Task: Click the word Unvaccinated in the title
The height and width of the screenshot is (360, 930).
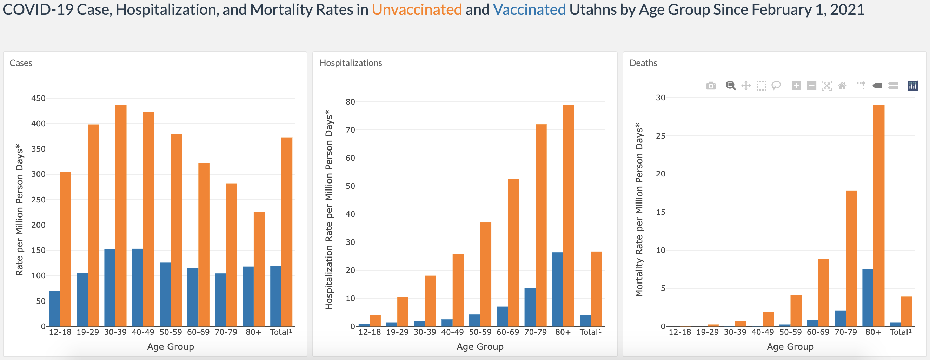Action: coord(417,10)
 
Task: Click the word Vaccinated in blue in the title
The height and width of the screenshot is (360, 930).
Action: coord(529,10)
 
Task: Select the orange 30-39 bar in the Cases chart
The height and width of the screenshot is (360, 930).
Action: coord(121,215)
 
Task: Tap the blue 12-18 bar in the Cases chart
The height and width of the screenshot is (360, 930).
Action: coord(54,308)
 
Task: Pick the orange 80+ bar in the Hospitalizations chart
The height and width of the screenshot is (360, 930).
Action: coord(569,215)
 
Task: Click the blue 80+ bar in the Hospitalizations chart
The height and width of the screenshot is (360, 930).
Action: coord(557,289)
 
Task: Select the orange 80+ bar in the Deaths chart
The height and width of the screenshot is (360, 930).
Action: coord(879,215)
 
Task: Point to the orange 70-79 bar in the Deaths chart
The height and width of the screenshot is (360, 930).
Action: coord(851,258)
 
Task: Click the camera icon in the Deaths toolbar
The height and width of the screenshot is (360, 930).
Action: coord(711,86)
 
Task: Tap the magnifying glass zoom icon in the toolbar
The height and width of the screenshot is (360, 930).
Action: coord(731,86)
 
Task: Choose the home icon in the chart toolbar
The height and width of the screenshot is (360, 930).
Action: coord(842,86)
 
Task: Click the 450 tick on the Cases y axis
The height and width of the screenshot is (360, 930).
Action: coord(38,98)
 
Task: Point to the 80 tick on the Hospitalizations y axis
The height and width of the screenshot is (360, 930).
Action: coord(350,102)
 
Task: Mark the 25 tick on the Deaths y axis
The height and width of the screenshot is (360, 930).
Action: coord(660,136)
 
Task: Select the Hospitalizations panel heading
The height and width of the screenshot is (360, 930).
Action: coord(351,63)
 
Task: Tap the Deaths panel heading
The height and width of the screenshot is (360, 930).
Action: coord(643,63)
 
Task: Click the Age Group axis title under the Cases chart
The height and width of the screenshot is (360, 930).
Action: coord(171,347)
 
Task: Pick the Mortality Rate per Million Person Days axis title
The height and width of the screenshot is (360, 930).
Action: coord(639,209)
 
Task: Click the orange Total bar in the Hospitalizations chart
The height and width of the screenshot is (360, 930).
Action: coord(596,289)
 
